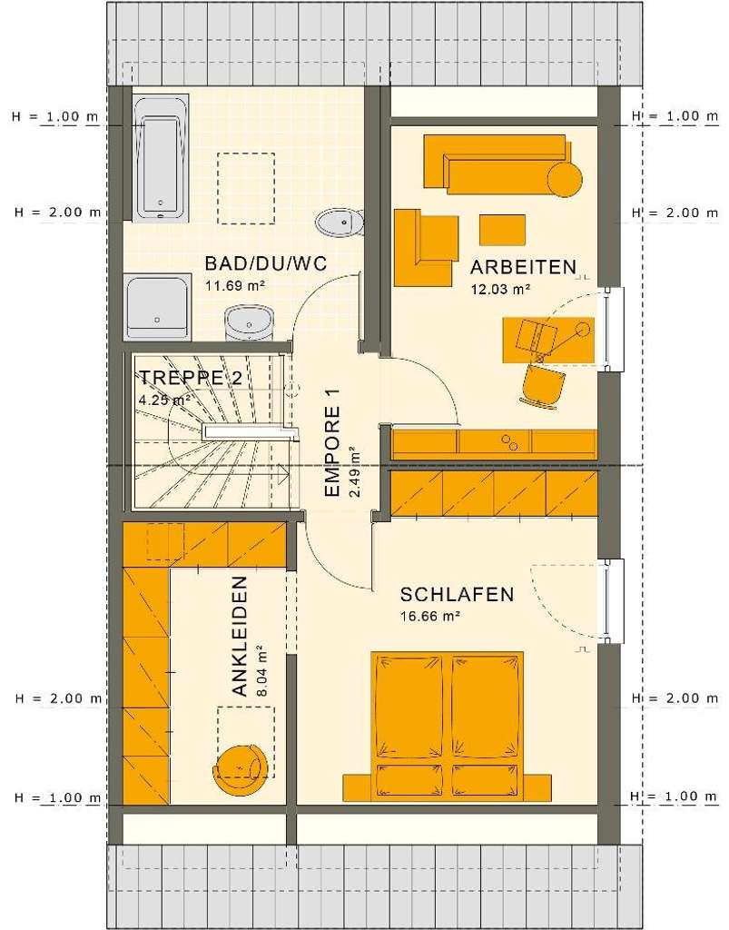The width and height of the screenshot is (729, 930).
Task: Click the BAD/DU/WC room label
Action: (264, 264)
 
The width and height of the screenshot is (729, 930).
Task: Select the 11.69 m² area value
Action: (233, 285)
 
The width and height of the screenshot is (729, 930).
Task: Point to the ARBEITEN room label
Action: (523, 267)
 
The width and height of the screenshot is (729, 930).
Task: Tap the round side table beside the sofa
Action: (564, 179)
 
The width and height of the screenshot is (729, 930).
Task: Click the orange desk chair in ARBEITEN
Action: (542, 383)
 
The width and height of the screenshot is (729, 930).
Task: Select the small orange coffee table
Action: (502, 229)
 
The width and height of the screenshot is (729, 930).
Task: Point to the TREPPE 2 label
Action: (190, 379)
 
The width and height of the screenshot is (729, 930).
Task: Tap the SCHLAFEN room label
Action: (457, 595)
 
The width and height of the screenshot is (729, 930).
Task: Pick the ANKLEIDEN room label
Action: (239, 636)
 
